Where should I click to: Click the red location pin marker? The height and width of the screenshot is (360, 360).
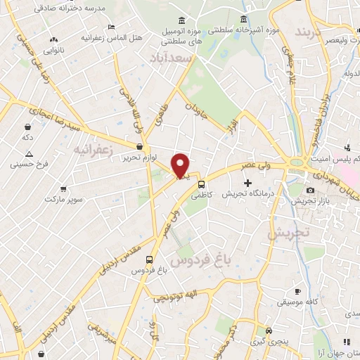(181, 165)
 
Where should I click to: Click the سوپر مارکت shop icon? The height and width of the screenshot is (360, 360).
(63, 190)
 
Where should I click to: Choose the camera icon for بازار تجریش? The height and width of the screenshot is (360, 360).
(310, 190)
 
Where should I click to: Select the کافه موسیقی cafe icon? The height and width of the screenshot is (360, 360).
(297, 291)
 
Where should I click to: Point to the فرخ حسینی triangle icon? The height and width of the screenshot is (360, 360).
(29, 153)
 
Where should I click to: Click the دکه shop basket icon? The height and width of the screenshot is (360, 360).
(27, 128)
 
